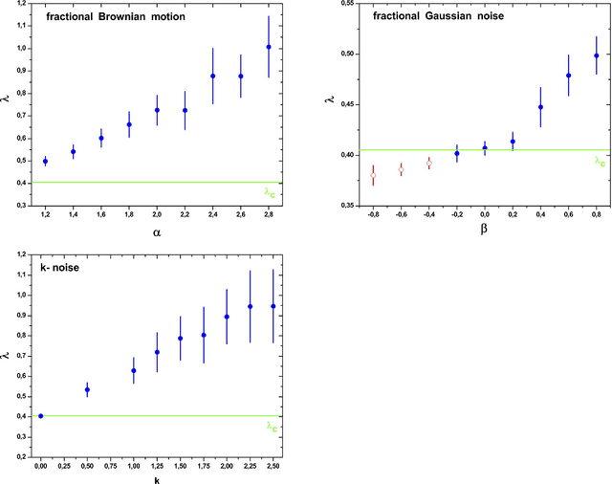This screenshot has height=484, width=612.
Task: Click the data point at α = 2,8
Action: (269, 47)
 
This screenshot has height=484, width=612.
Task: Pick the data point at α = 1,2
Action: (45, 161)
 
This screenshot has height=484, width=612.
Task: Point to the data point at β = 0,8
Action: (597, 55)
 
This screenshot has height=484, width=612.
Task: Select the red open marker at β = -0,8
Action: (373, 176)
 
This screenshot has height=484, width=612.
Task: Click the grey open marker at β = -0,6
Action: (401, 169)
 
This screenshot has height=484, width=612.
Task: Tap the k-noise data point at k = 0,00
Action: (40, 416)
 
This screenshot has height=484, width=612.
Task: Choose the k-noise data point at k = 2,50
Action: (273, 306)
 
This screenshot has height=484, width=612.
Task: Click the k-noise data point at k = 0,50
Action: (87, 389)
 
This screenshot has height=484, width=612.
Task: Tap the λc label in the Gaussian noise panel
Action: (600, 162)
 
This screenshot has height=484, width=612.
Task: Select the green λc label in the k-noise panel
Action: (272, 428)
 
